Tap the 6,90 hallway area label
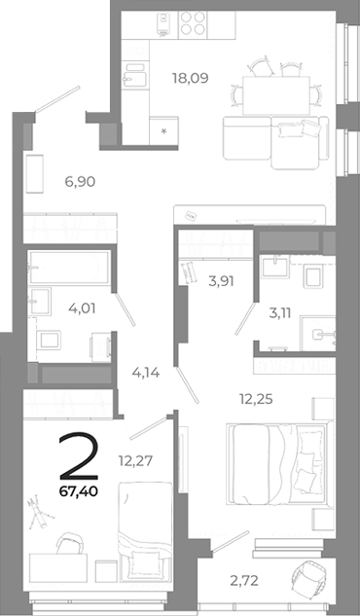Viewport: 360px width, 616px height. [80, 181]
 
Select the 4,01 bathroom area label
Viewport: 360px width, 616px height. [82, 312]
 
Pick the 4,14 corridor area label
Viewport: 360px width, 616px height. [147, 370]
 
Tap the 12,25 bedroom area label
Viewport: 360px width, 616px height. [257, 396]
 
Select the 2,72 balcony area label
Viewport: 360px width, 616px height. [245, 582]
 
